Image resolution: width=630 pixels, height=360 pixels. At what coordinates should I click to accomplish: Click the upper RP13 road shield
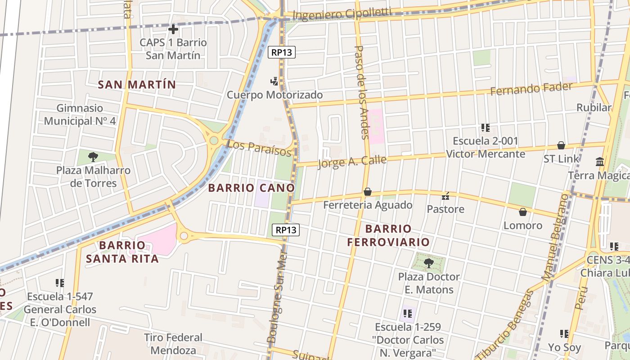(282, 52)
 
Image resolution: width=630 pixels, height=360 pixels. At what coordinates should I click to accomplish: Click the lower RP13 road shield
(286, 230)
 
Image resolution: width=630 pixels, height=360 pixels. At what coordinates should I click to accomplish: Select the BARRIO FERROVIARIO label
(388, 235)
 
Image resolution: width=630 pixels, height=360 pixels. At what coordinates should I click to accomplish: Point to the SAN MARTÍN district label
(137, 85)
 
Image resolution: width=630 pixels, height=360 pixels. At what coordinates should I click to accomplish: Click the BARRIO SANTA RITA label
(122, 252)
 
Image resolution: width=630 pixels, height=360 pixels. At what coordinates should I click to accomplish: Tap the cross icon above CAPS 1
(173, 30)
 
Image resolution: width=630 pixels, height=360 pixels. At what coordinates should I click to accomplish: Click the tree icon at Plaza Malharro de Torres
(93, 157)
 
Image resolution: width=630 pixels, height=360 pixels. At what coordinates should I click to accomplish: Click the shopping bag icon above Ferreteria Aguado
(368, 192)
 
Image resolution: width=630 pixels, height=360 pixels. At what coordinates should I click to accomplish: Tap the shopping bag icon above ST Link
(561, 145)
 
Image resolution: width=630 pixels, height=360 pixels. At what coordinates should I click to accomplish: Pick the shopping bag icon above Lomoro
(522, 212)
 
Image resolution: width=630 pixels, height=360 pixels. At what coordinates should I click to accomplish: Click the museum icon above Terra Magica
(600, 162)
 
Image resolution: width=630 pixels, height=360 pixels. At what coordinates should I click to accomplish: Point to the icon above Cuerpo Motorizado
(274, 81)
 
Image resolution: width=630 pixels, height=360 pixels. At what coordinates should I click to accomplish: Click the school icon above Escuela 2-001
(485, 128)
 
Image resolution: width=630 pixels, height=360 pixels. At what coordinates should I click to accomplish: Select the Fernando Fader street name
(531, 89)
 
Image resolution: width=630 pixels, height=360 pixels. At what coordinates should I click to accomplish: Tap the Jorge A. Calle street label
(352, 161)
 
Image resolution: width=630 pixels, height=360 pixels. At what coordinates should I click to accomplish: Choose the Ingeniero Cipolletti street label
(342, 14)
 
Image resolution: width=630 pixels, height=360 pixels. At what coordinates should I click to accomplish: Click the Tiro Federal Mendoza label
(173, 344)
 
